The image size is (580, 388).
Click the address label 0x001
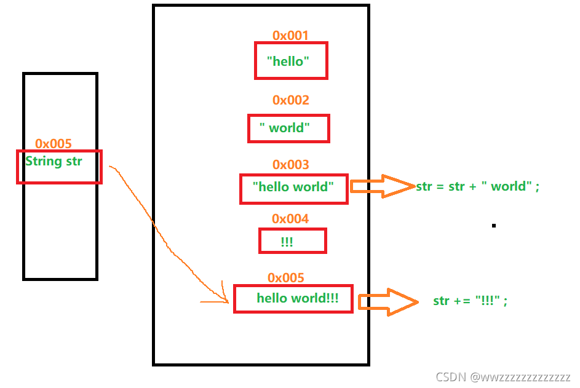pos(290,36)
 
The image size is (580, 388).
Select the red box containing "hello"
pos(291,60)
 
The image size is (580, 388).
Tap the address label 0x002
pos(291,100)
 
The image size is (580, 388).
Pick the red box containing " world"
pos(288,129)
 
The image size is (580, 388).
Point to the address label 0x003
pos(291,165)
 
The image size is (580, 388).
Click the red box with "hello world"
pos(294,187)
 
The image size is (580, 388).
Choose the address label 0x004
pos(290,219)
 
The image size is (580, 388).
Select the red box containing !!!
pos(292,241)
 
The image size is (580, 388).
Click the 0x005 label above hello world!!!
pos(286,278)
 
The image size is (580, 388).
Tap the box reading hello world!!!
pos(293,298)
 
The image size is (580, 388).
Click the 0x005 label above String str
pos(54,144)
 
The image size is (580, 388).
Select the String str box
pos(59,167)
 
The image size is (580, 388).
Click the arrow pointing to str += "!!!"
pos(388,302)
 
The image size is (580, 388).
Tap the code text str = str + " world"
pos(477,186)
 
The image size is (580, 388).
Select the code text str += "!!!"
pos(471,301)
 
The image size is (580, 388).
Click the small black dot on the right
pos(493,226)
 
